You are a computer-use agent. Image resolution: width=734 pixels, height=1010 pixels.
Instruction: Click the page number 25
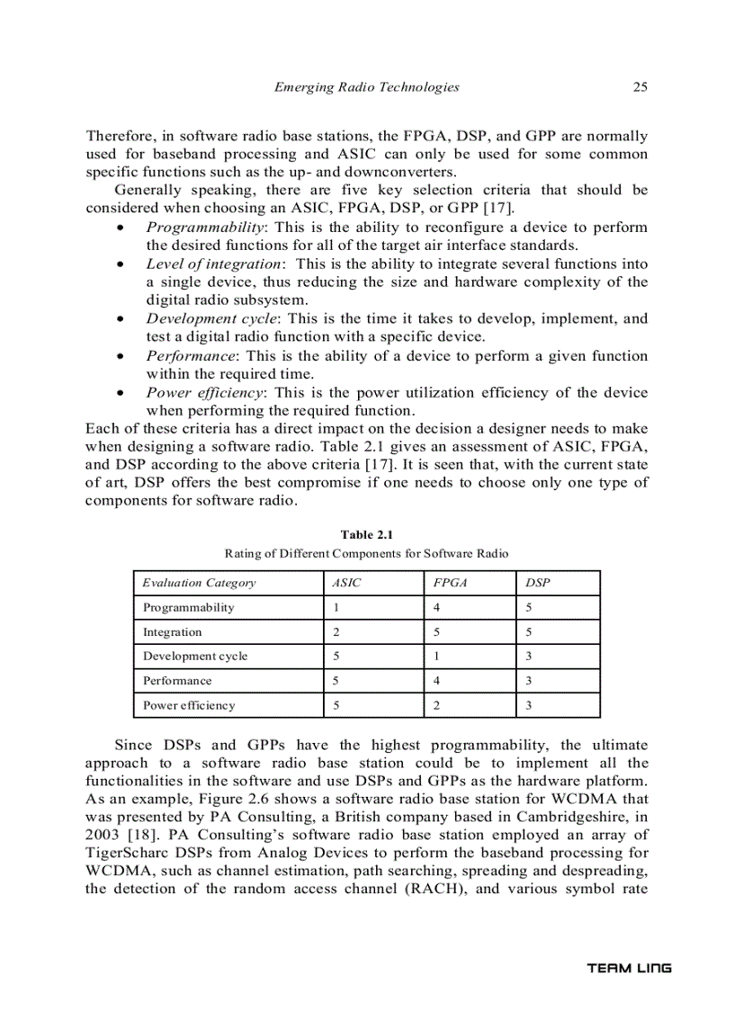[640, 87]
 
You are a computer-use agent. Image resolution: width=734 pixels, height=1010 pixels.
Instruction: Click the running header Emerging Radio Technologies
[366, 87]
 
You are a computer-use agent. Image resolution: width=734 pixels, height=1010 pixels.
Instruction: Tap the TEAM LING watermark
[629, 969]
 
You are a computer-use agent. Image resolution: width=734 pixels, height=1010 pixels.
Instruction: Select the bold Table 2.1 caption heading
[366, 534]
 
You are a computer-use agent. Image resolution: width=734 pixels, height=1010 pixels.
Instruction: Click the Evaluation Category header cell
[199, 583]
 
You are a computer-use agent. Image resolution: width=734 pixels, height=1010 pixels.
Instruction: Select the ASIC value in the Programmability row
[336, 607]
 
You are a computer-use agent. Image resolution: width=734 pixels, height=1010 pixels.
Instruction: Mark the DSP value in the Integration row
[528, 631]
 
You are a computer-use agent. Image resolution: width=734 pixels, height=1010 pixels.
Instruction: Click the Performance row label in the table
[177, 681]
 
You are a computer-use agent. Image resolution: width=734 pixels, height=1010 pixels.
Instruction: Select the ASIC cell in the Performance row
[336, 681]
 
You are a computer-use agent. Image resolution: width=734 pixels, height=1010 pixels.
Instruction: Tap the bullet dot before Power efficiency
[121, 393]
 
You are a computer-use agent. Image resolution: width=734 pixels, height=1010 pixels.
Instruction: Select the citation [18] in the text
[143, 835]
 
